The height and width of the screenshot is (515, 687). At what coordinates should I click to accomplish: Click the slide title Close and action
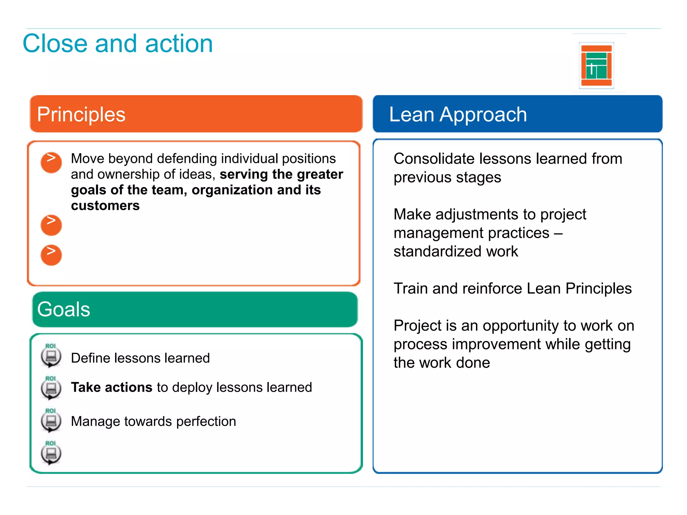point(118,44)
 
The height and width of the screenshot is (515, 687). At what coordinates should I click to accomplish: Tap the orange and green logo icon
point(596,65)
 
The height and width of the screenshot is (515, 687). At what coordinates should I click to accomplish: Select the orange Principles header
point(196,114)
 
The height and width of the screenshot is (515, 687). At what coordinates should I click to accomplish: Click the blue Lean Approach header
point(517,114)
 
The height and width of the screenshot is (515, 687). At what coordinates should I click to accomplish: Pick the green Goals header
point(195,309)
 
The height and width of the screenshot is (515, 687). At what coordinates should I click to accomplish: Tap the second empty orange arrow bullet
point(51,225)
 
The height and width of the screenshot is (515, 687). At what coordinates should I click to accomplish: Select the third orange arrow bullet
point(51,255)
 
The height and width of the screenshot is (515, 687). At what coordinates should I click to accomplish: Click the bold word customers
point(105,206)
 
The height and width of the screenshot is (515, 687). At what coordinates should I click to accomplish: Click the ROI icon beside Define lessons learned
point(51,356)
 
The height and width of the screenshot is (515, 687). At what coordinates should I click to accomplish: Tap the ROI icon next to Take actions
point(51,388)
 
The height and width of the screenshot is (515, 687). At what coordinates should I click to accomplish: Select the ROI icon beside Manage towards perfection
point(51,420)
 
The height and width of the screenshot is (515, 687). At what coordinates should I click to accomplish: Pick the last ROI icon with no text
point(51,453)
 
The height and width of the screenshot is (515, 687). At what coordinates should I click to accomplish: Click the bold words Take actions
point(112,387)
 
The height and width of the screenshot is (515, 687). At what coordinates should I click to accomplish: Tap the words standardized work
point(456,251)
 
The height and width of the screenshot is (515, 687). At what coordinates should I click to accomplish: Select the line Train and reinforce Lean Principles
point(512,288)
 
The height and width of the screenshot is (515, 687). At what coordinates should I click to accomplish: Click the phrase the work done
point(441,363)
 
